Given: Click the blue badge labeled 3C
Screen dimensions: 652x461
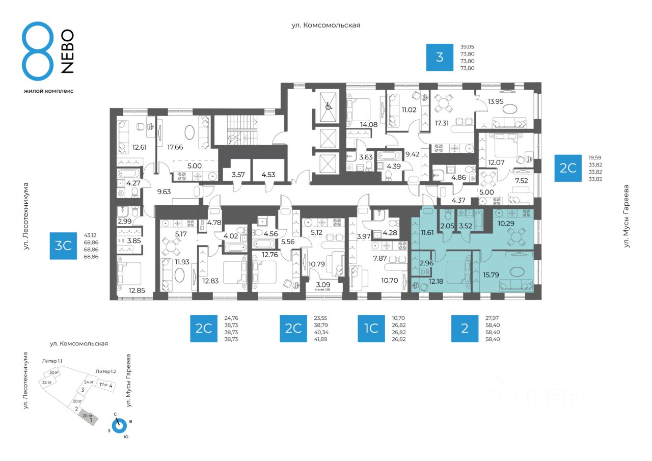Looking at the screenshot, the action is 63,246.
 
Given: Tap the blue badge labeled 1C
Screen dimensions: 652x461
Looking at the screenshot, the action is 371,329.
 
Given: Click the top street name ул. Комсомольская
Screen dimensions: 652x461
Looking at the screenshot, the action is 325,25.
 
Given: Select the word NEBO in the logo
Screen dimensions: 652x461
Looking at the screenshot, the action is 67,51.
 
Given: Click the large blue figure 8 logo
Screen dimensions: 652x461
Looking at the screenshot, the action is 38,51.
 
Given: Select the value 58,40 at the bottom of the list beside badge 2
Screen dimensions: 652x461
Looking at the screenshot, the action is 493,339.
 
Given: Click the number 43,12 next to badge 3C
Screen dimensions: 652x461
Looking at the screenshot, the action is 91,236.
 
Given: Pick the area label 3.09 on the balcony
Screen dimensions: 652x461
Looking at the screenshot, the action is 323,283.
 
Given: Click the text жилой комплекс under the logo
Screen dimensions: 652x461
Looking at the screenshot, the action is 48,91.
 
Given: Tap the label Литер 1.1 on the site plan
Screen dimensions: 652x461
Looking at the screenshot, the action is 52,361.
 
